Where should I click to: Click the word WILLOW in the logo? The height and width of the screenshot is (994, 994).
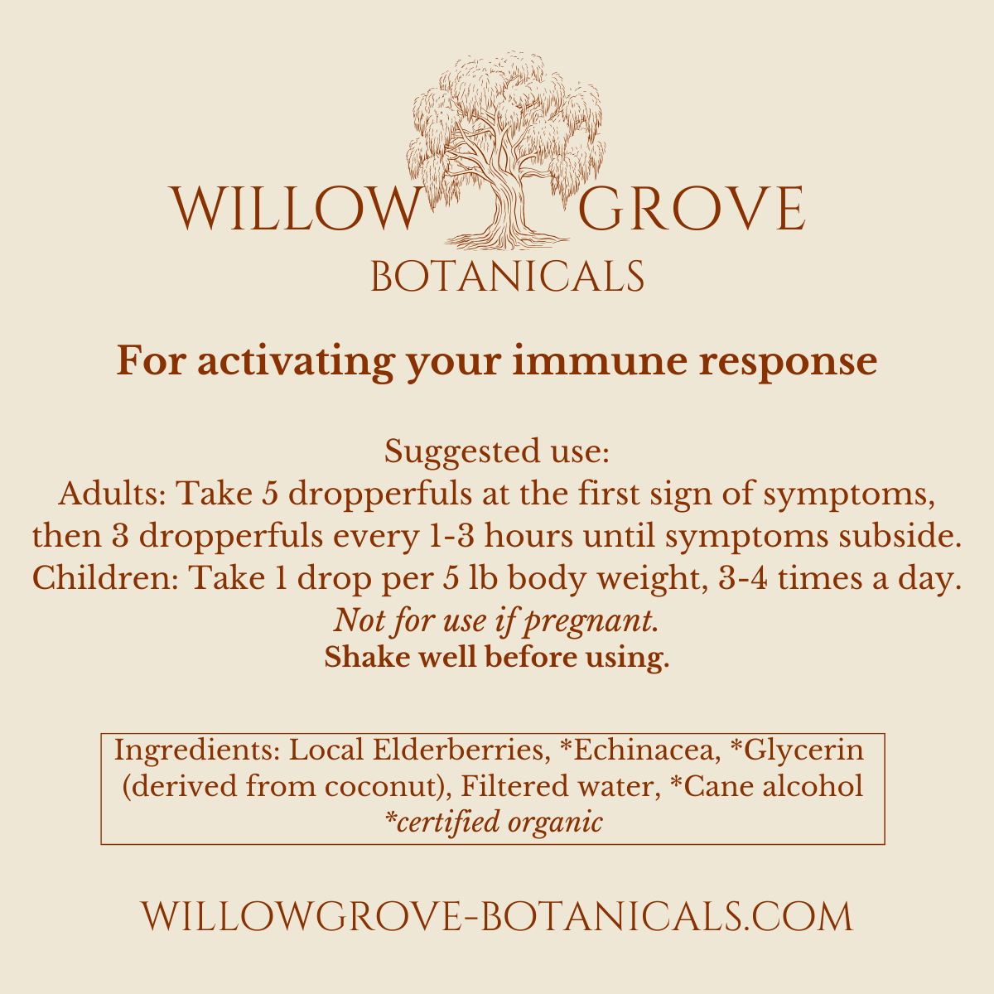click(x=296, y=209)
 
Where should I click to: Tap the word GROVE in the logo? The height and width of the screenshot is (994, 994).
click(x=692, y=209)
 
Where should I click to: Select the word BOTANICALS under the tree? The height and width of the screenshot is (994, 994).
click(x=507, y=277)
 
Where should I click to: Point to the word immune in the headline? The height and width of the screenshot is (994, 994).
click(x=600, y=360)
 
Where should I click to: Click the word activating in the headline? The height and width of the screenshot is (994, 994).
click(x=296, y=362)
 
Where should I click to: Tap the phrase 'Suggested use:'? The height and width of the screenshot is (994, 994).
click(x=497, y=452)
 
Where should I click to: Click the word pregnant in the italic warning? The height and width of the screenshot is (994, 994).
click(x=587, y=621)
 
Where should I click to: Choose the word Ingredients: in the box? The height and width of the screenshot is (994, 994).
click(x=196, y=750)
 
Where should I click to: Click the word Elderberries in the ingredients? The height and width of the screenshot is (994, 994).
click(x=459, y=750)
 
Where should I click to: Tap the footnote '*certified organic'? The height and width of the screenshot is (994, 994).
click(x=494, y=823)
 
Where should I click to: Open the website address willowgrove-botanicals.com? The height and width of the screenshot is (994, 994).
click(x=497, y=916)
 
